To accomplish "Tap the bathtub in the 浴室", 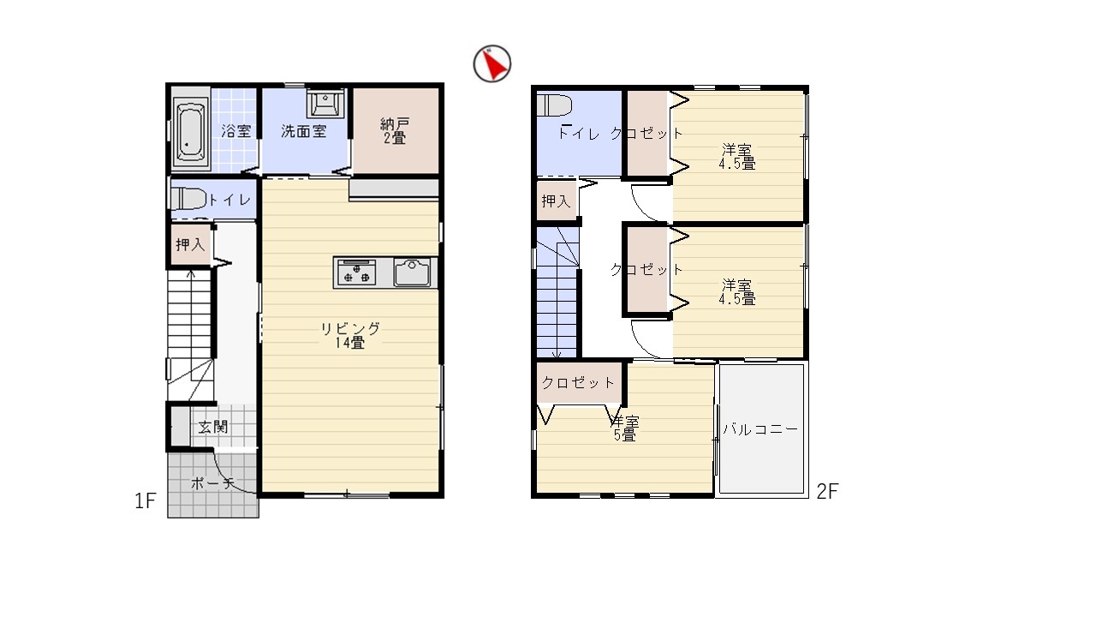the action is [190, 129].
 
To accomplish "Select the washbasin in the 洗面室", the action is [325, 104].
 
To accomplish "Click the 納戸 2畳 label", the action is [395, 131].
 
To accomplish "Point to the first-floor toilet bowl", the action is [189, 199].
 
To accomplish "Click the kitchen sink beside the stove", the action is [413, 273].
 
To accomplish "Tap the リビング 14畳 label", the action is [350, 335].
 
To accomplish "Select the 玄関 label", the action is [213, 427].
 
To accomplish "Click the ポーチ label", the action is [212, 484].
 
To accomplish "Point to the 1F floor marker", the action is [146, 501].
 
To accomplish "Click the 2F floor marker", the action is [827, 492].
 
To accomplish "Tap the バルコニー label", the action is [760, 429].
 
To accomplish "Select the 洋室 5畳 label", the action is [625, 428].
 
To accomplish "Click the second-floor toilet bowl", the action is [555, 105].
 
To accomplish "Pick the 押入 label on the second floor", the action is [556, 201].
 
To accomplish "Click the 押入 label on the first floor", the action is [190, 244].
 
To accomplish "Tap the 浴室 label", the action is [235, 131].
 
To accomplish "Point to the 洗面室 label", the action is [303, 131].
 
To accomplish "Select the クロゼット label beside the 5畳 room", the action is [578, 382].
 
